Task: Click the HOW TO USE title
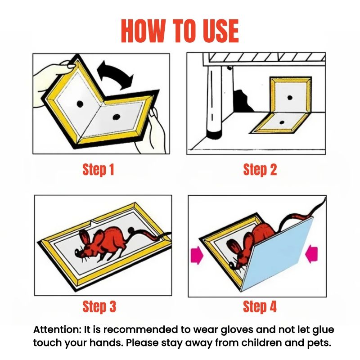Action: [x=180, y=31]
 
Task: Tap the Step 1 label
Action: [x=99, y=170]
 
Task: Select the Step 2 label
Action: [x=260, y=170]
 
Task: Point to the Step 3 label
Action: [x=99, y=306]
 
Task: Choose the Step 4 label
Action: [x=260, y=306]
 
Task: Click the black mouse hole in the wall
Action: [x=241, y=101]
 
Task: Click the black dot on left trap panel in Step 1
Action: [x=81, y=103]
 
